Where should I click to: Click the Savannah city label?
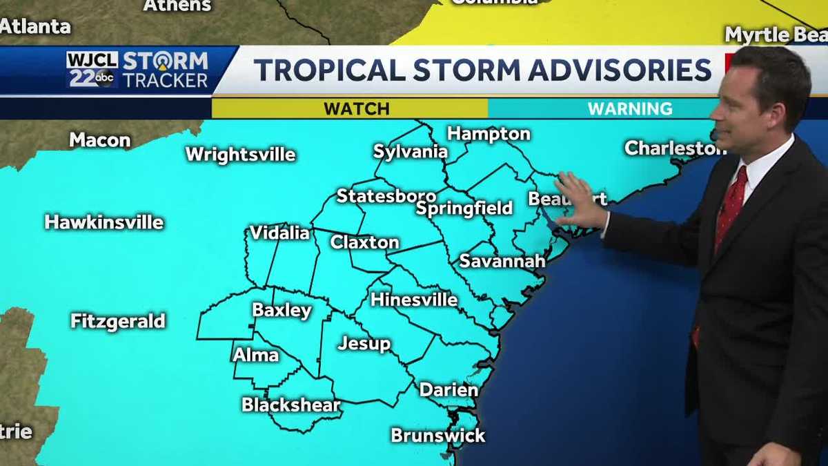[502, 261]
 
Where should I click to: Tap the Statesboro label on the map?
[386, 196]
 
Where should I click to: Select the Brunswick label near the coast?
[438, 436]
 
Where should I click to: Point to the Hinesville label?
[413, 300]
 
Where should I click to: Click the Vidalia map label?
[279, 233]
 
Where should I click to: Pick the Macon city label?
[99, 140]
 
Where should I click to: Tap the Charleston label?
[675, 148]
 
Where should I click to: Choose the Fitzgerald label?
[118, 321]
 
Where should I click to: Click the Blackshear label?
[291, 405]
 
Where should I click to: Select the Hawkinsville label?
[104, 222]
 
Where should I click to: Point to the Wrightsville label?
[240, 154]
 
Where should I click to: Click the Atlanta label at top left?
[35, 27]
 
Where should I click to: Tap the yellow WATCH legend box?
[356, 108]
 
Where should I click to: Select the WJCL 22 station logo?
[92, 70]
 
